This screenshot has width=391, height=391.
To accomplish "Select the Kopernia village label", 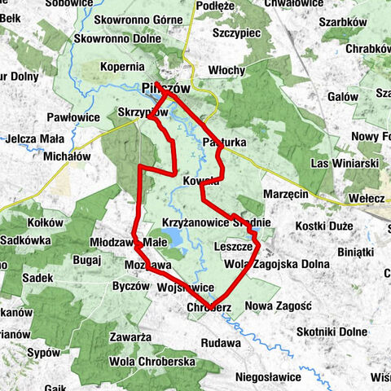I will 123,65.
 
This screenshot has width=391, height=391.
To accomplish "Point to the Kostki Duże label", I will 323,223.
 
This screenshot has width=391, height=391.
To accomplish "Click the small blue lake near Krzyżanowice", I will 173,238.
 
